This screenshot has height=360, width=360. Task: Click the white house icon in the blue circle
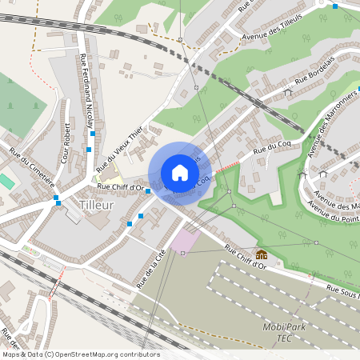click(180, 173)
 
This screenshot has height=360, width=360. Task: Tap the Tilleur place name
click(97, 206)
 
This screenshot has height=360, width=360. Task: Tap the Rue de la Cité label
click(145, 267)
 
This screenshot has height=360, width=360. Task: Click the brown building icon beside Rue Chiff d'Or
click(261, 255)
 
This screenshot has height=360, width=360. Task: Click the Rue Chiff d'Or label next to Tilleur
click(120, 188)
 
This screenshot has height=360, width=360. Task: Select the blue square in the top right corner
click(334, 6)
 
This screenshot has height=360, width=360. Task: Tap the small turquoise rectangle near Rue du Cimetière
click(6, 182)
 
